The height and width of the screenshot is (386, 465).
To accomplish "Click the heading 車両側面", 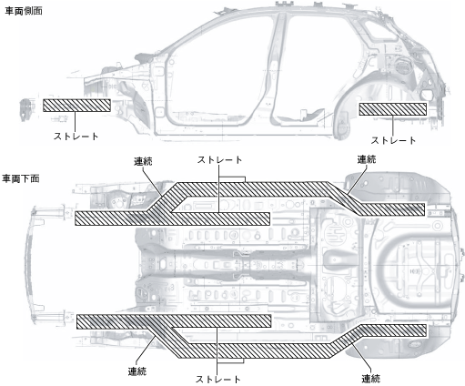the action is pos(24,11).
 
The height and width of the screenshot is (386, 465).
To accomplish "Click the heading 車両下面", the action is pos(21,178).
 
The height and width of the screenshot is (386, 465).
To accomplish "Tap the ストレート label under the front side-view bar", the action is pos(76,137).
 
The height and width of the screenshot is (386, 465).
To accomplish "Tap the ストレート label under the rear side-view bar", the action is pos(393,140).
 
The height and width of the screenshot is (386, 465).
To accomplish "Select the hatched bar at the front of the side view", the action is pos(76,106).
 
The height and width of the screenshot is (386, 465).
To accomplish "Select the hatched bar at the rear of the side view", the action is pos(393,109).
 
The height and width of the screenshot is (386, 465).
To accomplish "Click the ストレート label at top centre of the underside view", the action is pos(219,159).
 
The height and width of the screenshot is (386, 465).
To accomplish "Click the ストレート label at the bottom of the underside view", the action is pos(218,379).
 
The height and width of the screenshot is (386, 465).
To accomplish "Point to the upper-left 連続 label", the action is pos(143,161).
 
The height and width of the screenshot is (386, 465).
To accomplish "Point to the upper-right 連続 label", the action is pos(367,159).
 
